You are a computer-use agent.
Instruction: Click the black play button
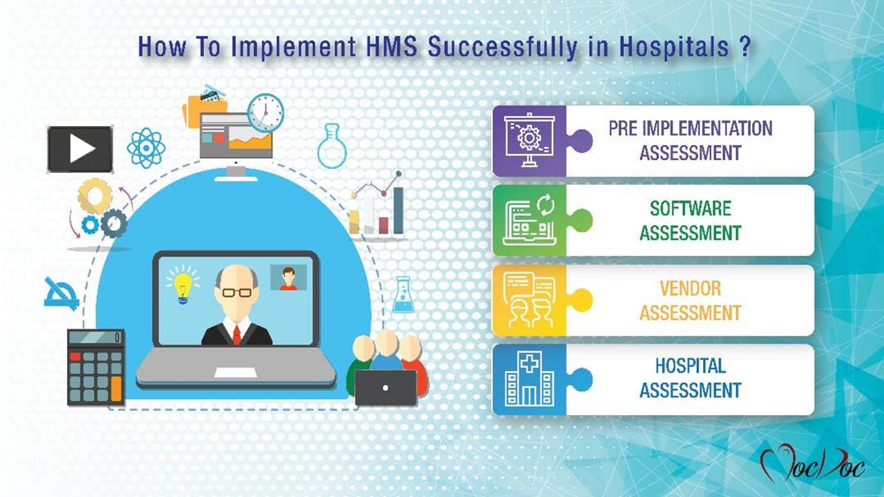[80, 149]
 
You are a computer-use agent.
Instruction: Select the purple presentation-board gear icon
[529, 141]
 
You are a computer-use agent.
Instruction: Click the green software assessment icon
[529, 220]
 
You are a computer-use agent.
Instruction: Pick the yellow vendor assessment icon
[529, 300]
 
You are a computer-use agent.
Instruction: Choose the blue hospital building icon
[529, 380]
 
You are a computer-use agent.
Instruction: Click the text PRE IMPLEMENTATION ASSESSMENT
[690, 140]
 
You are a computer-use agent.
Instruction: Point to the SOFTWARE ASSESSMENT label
[690, 220]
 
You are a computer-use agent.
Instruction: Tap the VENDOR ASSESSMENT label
[690, 300]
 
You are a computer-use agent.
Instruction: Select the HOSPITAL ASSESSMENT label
[690, 378]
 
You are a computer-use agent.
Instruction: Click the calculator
[95, 367]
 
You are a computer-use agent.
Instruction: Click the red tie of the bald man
[237, 335]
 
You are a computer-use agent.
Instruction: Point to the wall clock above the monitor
[266, 113]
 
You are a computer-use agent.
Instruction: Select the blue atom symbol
[145, 147]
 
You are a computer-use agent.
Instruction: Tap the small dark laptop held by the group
[386, 388]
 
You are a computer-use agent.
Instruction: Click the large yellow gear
[95, 196]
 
